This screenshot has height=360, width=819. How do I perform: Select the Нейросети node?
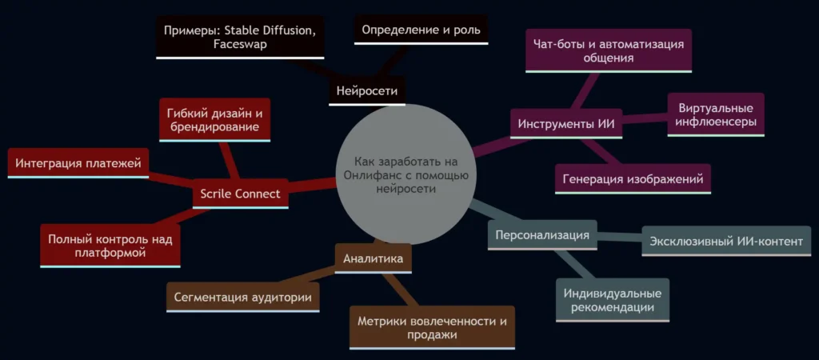coord(367,91)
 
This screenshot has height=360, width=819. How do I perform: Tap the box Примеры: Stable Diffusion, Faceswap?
coord(240,37)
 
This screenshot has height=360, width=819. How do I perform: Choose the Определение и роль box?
coord(421,30)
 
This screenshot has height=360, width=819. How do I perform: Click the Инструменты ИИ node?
coord(566,124)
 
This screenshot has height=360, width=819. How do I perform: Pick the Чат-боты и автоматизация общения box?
coord(609,51)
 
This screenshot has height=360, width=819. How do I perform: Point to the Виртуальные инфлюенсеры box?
coord(716,115)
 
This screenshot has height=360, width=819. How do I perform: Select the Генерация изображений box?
coord(633,179)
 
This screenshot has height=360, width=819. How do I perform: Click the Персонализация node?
coord(542,235)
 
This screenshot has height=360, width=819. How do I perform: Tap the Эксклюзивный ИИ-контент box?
coord(726,242)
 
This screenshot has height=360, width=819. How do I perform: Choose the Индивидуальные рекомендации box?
coord(612,300)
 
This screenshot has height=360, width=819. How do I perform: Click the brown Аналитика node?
coord(373,258)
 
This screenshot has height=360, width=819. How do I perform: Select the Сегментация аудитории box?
coord(243,298)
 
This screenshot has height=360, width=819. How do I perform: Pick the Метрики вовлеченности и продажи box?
coord(432,328)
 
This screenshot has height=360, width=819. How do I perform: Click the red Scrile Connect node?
coord(240,194)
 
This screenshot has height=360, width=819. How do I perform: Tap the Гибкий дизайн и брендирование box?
coord(214,120)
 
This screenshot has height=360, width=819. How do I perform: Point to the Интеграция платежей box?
coord(78,163)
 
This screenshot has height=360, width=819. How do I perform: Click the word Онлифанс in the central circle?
coord(368,175)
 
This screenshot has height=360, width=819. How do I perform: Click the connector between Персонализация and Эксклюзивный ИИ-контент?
coord(620,238)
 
